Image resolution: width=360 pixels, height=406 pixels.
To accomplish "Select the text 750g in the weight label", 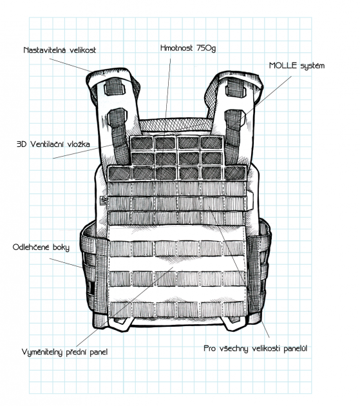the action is coord(206,48).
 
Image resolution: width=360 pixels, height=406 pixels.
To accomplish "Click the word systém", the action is coord(312,66).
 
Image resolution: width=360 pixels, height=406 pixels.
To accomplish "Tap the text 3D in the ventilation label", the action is coord(22,144).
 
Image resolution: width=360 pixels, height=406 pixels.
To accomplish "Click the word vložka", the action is coord(79,144).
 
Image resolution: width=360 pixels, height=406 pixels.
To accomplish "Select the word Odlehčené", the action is coord(31,247).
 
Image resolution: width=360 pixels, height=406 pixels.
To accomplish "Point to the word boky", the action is coord(61,247).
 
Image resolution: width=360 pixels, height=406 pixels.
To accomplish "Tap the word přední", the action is coord(77,353).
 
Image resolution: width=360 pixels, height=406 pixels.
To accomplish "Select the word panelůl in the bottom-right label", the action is coord(296,349).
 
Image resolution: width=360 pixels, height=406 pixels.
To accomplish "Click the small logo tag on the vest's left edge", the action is coord(103,200).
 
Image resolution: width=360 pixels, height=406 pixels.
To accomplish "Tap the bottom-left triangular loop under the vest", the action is coord(119,324).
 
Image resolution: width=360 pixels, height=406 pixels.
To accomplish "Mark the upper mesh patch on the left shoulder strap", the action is coord(115,86).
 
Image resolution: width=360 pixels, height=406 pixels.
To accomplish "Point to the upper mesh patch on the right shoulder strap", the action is coord(236,87).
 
